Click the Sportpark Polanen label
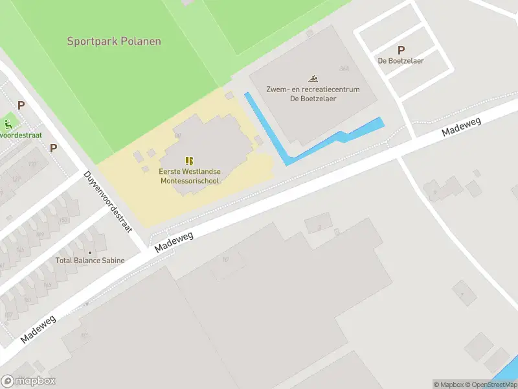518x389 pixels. point(114,41)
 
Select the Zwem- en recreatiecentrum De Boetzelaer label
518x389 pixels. point(313,94)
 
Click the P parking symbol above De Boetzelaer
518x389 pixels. point(401,50)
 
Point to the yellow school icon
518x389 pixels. point(189,160)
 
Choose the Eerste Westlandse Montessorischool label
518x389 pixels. point(190,176)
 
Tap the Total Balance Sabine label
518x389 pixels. point(90,261)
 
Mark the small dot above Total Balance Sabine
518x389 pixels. point(90,252)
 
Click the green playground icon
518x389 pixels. point(8,124)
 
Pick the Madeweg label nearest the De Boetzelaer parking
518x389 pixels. point(458,124)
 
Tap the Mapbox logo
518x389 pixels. point(28,381)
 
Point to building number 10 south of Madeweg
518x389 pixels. point(225,260)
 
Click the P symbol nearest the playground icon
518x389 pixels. point(21,105)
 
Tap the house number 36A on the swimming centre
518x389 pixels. point(343,69)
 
